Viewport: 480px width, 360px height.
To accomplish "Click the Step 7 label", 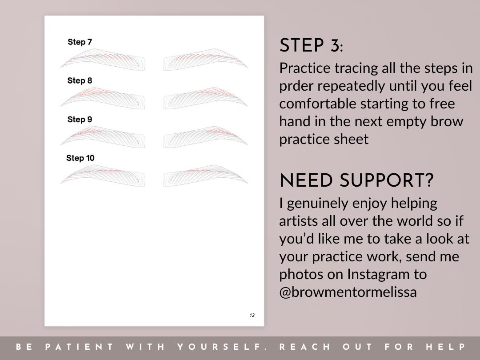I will pyautogui.click(x=80, y=42).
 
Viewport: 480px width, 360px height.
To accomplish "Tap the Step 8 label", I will pyautogui.click(x=80, y=81).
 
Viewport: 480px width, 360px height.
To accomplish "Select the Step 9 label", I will pyautogui.click(x=80, y=120).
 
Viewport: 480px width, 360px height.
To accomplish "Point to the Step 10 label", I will pyautogui.click(x=80, y=158).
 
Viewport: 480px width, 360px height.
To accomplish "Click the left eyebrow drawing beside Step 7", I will pyautogui.click(x=104, y=60).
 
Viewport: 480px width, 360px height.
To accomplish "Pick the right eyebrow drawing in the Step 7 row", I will pyautogui.click(x=205, y=60).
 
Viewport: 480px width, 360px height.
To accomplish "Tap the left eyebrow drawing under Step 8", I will pyautogui.click(x=104, y=98).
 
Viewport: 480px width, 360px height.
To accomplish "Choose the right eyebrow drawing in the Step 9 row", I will pyautogui.click(x=205, y=136).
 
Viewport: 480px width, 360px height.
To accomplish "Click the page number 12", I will pyautogui.click(x=252, y=315).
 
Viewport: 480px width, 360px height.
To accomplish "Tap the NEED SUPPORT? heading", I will pyautogui.click(x=356, y=181).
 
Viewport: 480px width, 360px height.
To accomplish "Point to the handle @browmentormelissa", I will pyautogui.click(x=348, y=293).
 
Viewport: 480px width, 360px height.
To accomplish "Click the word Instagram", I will pyautogui.click(x=379, y=275).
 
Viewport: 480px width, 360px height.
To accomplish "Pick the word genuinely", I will pyautogui.click(x=317, y=204).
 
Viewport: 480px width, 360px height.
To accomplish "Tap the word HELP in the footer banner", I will pyautogui.click(x=445, y=347).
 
